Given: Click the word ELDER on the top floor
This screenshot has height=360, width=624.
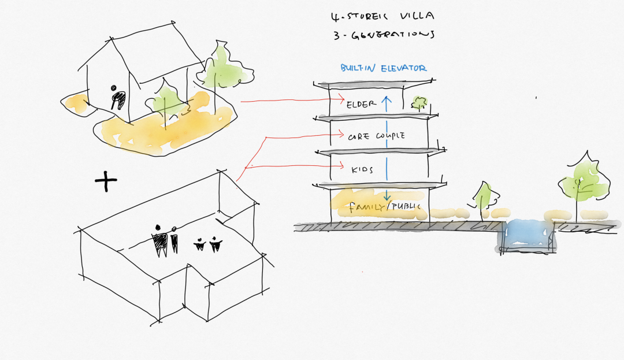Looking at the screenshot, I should pos(362,105).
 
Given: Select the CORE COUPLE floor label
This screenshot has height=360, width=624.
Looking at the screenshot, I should pos(376,136).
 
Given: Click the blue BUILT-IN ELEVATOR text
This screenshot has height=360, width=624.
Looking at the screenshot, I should pos(383,68).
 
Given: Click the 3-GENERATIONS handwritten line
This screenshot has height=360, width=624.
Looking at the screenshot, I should pos(383,35).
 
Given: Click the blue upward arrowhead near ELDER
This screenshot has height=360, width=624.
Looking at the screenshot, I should pos(388,99).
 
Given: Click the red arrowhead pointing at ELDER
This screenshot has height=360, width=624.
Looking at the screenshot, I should pos(342,98).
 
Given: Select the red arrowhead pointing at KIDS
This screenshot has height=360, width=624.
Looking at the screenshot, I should pos(343,168).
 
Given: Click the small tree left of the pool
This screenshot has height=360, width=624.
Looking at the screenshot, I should pos(482,196).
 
